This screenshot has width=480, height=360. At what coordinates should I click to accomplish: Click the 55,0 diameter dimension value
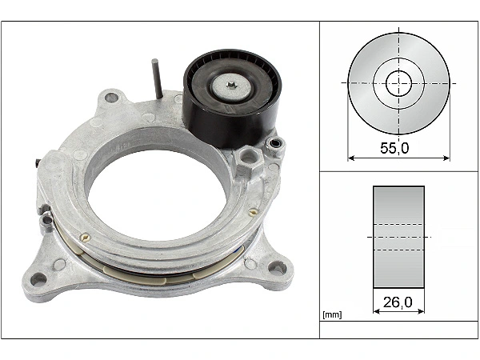(x=394, y=148)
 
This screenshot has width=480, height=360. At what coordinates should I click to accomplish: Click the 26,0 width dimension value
(x=398, y=302)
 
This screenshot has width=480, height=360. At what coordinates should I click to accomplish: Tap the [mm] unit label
(x=332, y=314)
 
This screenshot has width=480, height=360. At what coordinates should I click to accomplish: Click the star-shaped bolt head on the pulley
(x=231, y=85)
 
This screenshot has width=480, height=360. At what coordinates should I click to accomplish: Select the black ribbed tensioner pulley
(x=232, y=98)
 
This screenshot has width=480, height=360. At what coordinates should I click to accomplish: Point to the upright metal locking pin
(x=158, y=79)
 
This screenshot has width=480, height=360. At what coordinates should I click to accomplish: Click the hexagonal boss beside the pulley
(x=249, y=160)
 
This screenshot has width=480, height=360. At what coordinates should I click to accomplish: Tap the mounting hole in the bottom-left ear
(x=39, y=279)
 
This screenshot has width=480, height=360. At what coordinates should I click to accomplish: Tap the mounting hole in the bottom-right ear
(x=277, y=267)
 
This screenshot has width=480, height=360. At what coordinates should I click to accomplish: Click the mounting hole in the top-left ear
(x=111, y=98)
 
